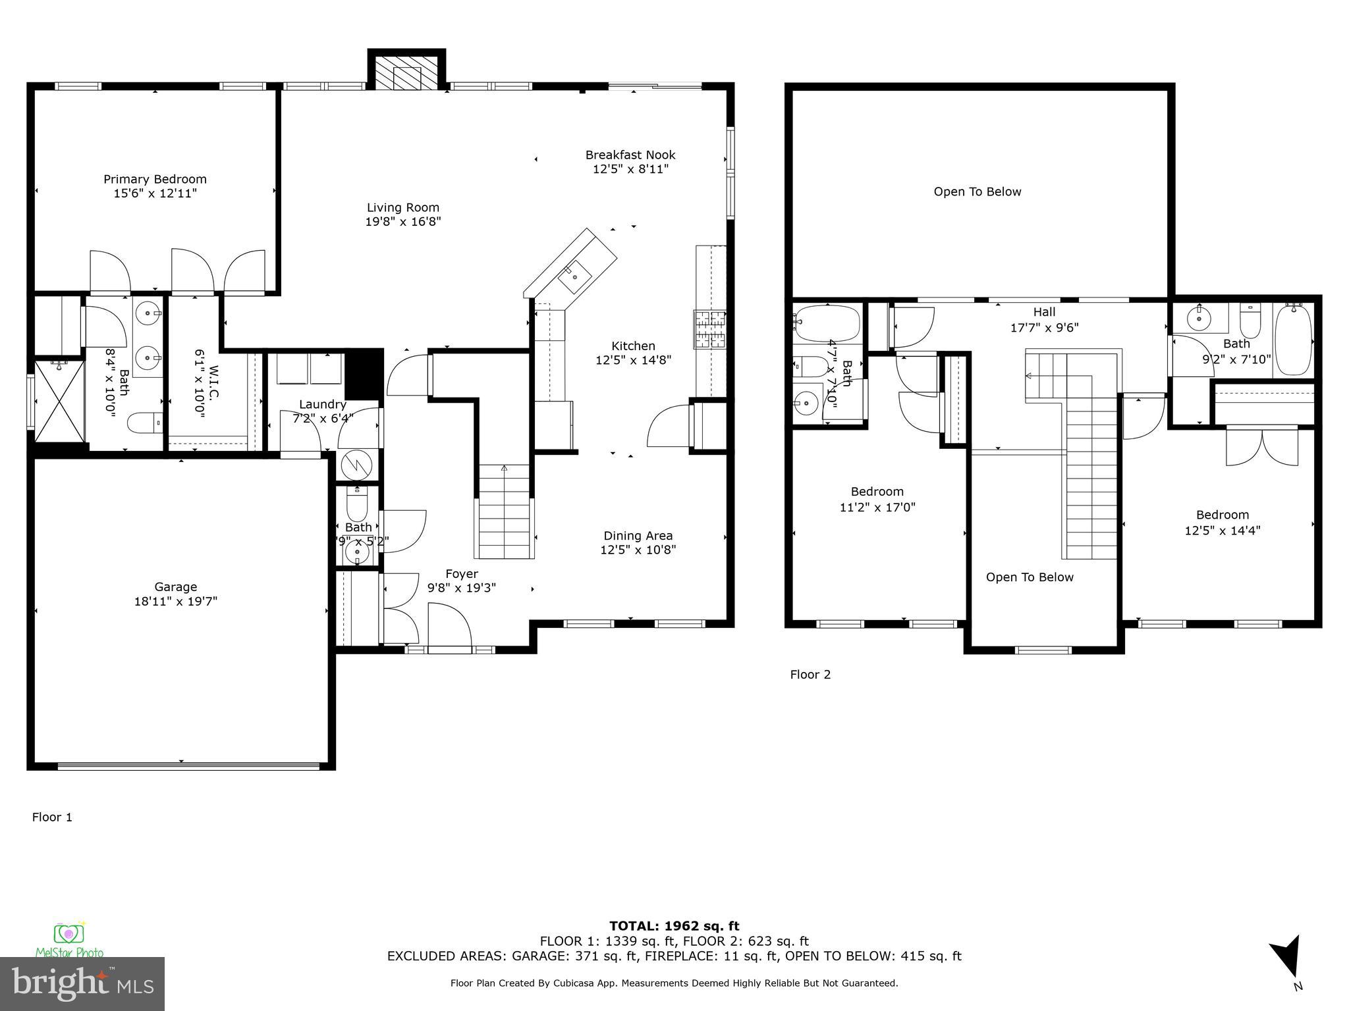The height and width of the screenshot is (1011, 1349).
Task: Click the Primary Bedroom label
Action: [x=155, y=179]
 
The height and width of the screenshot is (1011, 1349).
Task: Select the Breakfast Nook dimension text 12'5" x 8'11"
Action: [x=630, y=169]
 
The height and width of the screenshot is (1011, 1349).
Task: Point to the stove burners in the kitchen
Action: [x=709, y=329]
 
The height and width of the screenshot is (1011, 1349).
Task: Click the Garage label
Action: [x=175, y=586]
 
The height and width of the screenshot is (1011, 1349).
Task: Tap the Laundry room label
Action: [x=322, y=404]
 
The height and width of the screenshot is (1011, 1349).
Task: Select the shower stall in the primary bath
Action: [x=59, y=401]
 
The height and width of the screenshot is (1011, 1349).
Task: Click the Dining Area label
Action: [x=638, y=536]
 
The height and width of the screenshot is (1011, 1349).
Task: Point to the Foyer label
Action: [x=461, y=573]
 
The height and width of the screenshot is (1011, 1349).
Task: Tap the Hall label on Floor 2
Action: [x=1044, y=312]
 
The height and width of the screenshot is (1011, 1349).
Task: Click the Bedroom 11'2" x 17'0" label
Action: [x=877, y=492]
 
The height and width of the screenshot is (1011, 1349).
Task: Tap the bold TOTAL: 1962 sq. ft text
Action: [x=674, y=926]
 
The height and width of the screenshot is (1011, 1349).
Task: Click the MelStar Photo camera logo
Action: [x=68, y=933]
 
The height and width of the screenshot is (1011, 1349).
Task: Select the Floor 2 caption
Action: [x=810, y=674]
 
